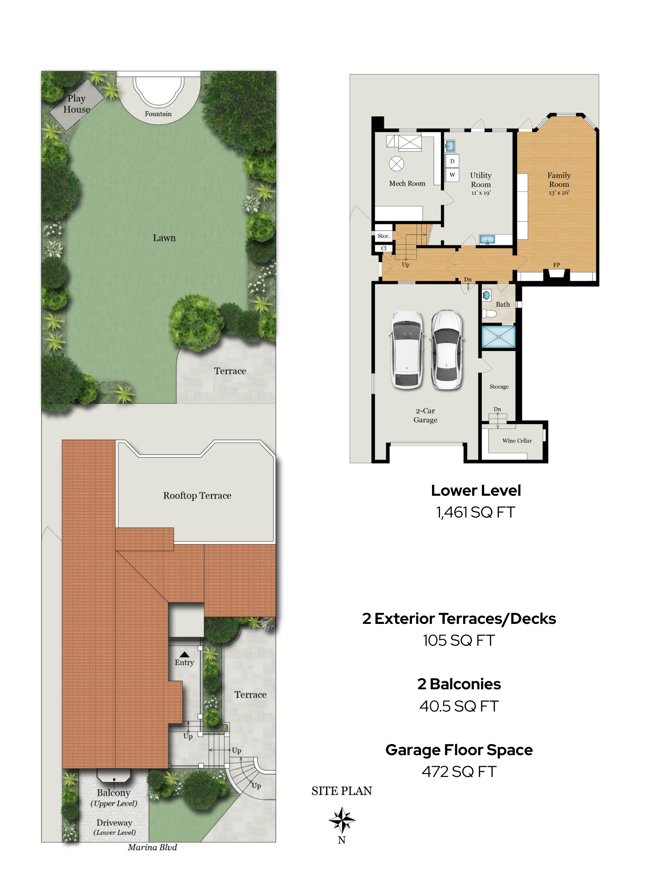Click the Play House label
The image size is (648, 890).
click(77, 104)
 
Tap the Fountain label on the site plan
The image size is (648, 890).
click(158, 114)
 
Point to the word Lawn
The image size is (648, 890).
click(164, 238)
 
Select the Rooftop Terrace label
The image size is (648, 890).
click(197, 496)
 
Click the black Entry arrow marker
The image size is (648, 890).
click(184, 655)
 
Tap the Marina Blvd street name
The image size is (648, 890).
click(152, 847)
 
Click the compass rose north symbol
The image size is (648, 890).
click(342, 820)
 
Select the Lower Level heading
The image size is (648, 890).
click(476, 490)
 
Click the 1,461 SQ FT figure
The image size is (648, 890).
click(476, 512)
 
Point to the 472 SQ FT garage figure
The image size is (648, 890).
click(459, 772)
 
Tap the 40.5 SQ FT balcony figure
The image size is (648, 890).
click(459, 706)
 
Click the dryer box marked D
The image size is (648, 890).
click(452, 161)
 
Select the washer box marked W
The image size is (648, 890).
click(452, 175)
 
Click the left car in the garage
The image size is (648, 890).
click(407, 349)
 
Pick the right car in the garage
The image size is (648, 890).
click(447, 349)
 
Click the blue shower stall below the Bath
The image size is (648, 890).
click(499, 337)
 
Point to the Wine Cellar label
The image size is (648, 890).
click(517, 441)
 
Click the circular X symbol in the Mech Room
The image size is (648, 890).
click(396, 164)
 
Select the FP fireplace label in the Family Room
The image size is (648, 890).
click(557, 265)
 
